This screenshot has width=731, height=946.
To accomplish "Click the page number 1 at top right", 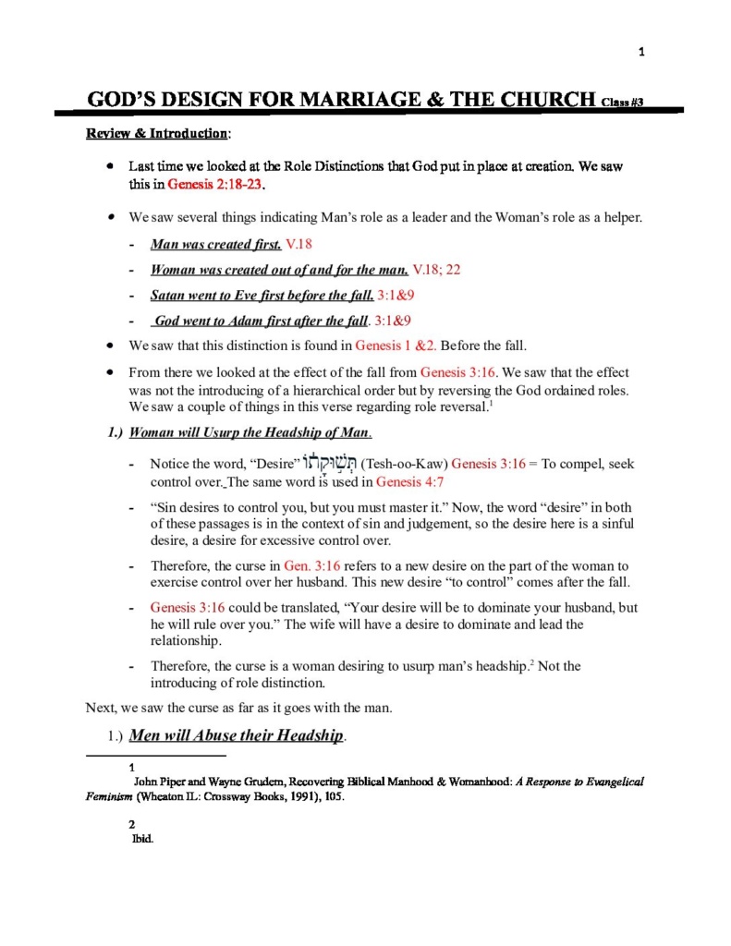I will [x=641, y=53].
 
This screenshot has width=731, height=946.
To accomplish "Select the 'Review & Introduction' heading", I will [x=157, y=134].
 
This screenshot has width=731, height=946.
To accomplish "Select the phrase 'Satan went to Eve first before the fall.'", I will [x=262, y=296].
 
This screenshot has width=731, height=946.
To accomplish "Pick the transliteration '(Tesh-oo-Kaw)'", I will [x=405, y=464].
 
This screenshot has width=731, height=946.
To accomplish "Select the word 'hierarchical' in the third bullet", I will [x=291, y=390].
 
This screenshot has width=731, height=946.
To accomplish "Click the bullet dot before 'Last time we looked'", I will [x=110, y=167].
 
